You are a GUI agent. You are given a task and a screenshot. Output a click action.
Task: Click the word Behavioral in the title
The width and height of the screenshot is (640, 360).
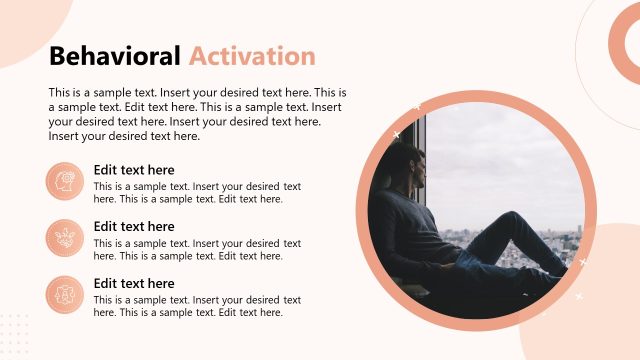[x=114, y=56]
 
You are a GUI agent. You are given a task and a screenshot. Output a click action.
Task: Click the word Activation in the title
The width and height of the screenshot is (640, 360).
[x=252, y=56]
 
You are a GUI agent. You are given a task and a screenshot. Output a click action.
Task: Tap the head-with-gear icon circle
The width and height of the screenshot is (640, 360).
[x=65, y=182]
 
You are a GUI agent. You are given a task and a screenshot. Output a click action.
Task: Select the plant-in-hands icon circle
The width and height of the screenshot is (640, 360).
[x=65, y=238]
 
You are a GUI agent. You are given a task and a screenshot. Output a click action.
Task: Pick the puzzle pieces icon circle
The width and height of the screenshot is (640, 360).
[x=65, y=295]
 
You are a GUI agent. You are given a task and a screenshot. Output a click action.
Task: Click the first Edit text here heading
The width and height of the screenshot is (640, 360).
[x=134, y=170]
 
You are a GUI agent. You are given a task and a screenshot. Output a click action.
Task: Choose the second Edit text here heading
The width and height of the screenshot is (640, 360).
[x=134, y=227]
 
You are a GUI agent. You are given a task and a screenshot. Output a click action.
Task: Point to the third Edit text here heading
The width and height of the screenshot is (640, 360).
[x=134, y=284]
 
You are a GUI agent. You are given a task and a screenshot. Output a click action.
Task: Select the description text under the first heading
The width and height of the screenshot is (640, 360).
[x=197, y=193]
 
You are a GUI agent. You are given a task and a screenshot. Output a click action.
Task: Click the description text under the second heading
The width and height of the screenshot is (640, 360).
[x=197, y=250]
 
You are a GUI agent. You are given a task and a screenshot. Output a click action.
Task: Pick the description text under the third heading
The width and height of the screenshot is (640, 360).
[x=197, y=307]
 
